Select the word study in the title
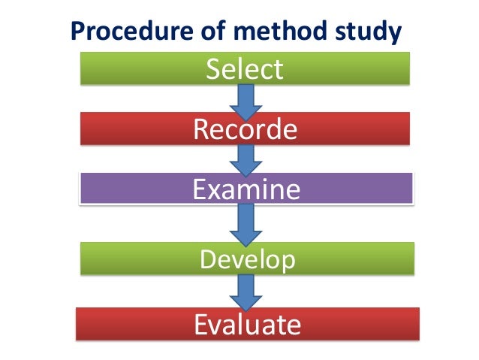363,32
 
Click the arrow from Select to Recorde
246,98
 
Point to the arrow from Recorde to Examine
246,158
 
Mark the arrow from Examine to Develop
246,222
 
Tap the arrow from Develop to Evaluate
246,289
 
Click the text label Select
245,69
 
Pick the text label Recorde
245,129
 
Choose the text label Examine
246,189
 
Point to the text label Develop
247,260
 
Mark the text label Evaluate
247,325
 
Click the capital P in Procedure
77,32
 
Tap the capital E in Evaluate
200,325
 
